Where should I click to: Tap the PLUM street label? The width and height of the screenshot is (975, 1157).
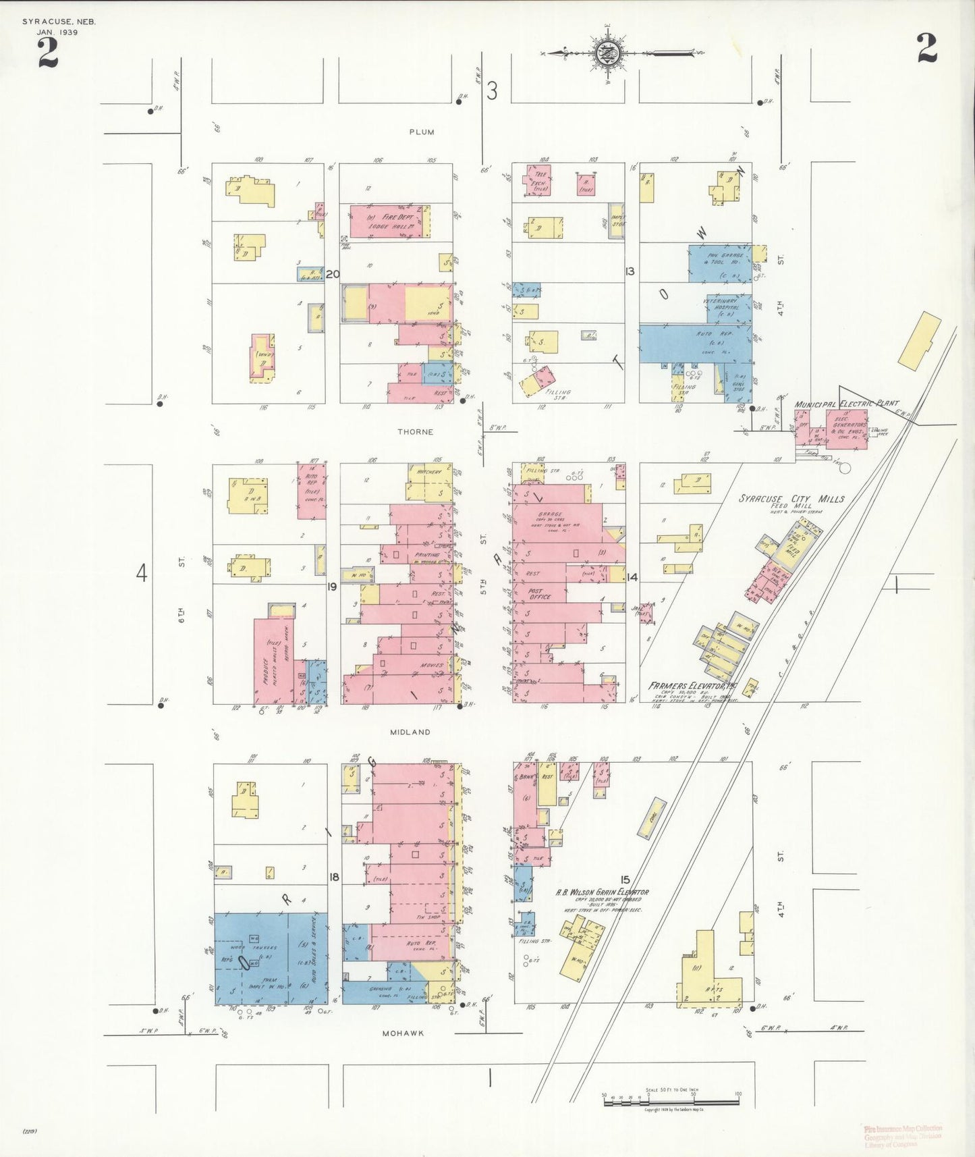click(422, 132)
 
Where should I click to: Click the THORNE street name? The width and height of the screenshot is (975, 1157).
click(415, 432)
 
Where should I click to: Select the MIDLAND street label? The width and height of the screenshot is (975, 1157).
click(410, 732)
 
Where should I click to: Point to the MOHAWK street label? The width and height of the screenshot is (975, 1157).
click(403, 1033)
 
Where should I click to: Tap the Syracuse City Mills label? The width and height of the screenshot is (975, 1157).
click(791, 499)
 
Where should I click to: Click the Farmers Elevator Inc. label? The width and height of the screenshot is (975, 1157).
click(693, 686)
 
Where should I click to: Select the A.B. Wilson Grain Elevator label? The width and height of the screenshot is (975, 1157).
click(602, 892)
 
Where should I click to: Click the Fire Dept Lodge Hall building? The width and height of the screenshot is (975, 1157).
click(390, 222)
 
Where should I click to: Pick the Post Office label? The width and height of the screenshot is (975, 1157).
click(539, 593)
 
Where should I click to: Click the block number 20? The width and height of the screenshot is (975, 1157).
click(332, 274)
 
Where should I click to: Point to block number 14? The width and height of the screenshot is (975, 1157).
click(632, 577)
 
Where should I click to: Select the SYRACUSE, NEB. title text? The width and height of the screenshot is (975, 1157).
click(59, 22)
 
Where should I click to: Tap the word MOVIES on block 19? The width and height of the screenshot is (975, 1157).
click(432, 666)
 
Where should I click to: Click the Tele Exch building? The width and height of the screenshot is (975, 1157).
click(540, 180)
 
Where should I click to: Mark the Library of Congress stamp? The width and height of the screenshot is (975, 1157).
click(903, 1136)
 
